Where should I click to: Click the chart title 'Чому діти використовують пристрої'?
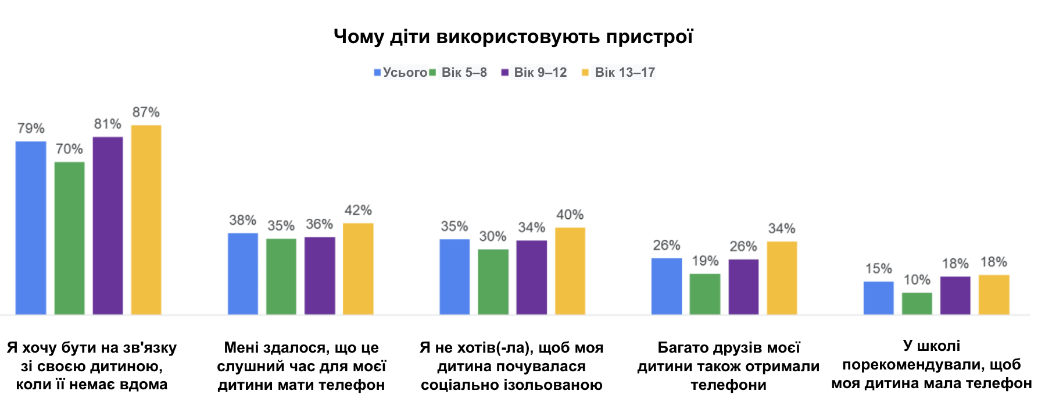[x=513, y=37]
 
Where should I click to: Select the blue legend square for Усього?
[x=377, y=73]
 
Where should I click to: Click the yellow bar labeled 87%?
[x=146, y=220]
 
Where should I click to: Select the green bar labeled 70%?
[x=69, y=239]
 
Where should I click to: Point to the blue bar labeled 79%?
[x=31, y=228]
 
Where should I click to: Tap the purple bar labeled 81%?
[x=108, y=226]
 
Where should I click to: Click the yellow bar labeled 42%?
[x=358, y=269]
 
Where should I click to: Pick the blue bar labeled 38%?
[x=243, y=274]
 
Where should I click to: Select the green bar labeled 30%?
[x=493, y=282]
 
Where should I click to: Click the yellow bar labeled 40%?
[x=570, y=271]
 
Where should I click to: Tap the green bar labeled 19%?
[x=705, y=294]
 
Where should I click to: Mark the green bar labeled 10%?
[x=917, y=304]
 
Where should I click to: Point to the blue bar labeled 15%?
[x=878, y=299]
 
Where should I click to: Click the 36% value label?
[x=319, y=225]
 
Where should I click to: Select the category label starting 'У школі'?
[x=932, y=365]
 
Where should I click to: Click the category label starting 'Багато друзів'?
[x=728, y=366]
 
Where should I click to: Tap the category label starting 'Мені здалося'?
[x=301, y=366]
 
